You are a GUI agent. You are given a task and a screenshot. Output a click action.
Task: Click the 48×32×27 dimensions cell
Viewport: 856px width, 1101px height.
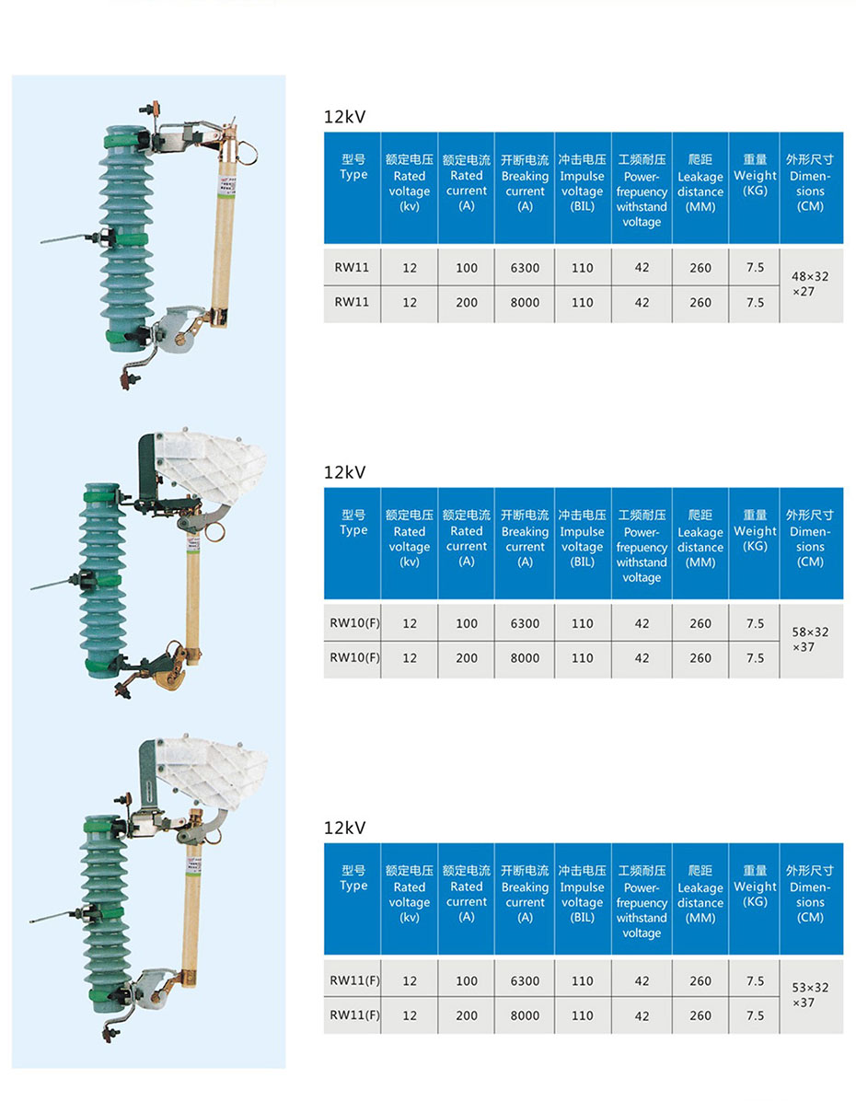(x=811, y=284)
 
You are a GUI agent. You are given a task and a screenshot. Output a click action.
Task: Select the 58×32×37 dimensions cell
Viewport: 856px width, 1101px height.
(x=811, y=640)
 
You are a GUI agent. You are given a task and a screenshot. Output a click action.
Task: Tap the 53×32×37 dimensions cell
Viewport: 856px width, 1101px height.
(x=811, y=995)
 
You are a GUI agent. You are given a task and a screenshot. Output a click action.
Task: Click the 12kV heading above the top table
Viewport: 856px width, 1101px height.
(x=345, y=117)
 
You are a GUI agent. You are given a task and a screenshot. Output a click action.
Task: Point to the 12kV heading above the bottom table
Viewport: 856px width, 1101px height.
(x=345, y=829)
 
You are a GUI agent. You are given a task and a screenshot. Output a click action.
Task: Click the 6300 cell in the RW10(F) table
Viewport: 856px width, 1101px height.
(x=525, y=623)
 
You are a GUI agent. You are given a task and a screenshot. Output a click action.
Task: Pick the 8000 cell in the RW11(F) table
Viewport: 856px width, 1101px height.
(x=525, y=1015)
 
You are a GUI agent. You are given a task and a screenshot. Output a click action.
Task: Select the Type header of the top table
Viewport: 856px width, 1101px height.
(x=353, y=168)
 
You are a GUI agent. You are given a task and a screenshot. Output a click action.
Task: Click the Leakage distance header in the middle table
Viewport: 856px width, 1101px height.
(x=700, y=539)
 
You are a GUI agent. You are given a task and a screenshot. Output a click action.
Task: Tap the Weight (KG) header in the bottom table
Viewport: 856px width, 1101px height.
(x=755, y=887)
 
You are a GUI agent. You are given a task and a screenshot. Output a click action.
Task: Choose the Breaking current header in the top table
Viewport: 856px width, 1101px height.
(x=525, y=183)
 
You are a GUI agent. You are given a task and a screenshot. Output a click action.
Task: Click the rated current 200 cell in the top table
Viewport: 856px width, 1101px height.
(x=467, y=302)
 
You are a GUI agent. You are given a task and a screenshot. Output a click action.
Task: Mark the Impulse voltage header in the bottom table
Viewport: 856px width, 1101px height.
(x=583, y=894)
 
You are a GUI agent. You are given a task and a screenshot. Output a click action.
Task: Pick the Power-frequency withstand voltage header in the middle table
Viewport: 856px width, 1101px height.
(x=642, y=547)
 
